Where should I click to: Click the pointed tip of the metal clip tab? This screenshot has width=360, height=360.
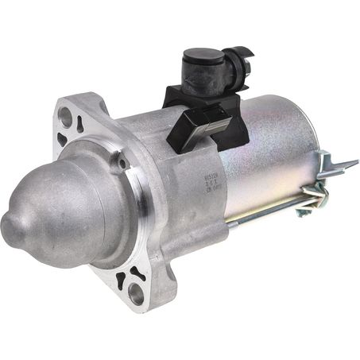(x=355, y=163)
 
